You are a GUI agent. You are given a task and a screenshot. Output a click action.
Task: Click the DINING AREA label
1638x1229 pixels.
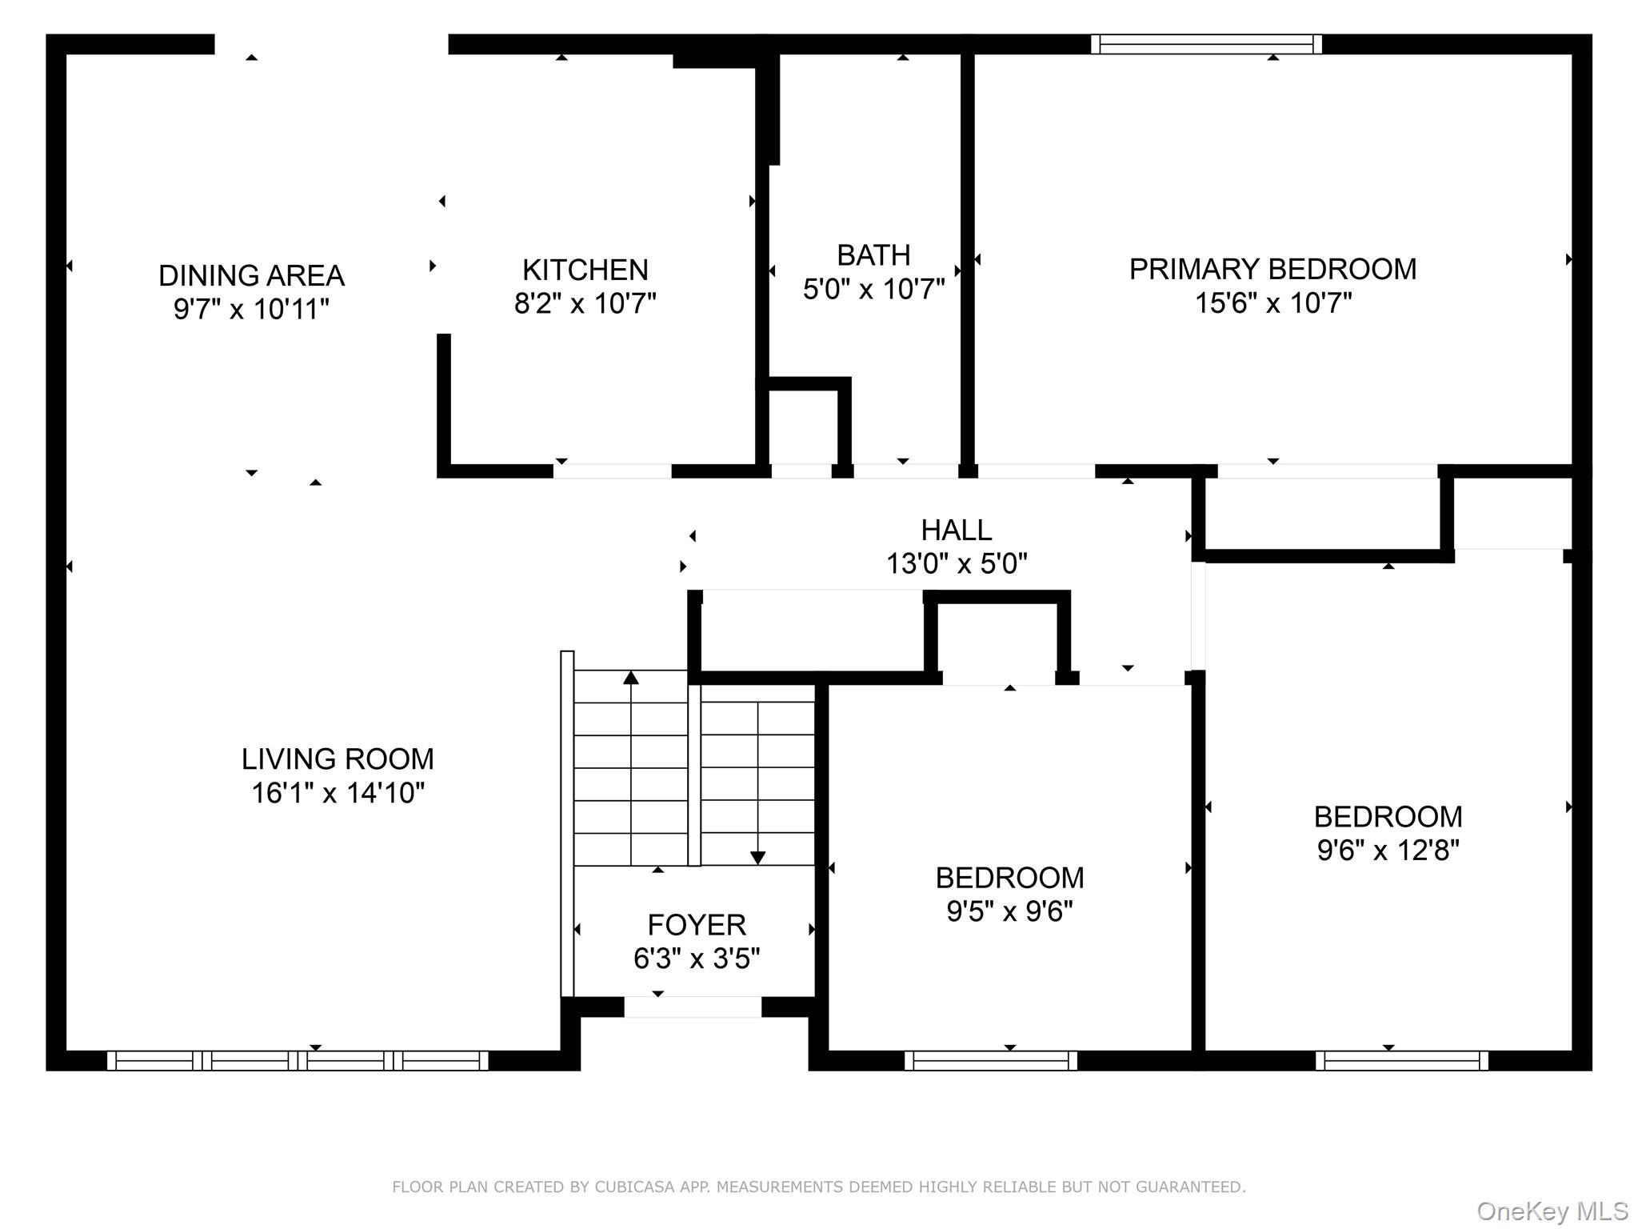[251, 276]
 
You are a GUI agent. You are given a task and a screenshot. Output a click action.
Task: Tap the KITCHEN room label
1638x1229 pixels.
[585, 270]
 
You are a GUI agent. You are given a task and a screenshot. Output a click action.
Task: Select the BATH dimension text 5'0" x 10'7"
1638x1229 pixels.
[873, 289]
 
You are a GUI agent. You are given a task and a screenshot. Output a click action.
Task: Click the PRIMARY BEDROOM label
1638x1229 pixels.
[1272, 270]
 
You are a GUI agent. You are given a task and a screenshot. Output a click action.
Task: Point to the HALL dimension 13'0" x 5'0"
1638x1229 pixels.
[956, 563]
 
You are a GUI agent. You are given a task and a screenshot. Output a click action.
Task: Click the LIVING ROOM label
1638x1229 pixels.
[338, 759]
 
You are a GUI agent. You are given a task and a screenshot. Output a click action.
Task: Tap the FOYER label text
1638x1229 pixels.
[696, 925]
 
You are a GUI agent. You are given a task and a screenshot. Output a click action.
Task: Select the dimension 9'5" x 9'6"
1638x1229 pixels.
[1009, 911]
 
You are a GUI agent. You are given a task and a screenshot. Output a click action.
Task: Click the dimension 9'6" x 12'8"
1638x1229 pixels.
[1388, 850]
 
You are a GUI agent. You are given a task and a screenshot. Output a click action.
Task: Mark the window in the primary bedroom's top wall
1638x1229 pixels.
[1205, 44]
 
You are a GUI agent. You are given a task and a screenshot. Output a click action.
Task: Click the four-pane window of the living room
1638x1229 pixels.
[298, 1061]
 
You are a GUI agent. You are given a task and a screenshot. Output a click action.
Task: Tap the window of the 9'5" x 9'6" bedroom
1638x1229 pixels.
[990, 1061]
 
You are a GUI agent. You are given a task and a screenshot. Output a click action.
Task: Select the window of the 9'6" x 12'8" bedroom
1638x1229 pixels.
[1401, 1061]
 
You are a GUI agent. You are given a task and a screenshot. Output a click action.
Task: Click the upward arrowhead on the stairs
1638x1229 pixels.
[631, 678]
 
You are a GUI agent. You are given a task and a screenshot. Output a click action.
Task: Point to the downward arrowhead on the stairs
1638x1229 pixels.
[757, 858]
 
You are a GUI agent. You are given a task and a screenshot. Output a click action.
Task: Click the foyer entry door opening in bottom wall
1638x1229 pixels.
[693, 1007]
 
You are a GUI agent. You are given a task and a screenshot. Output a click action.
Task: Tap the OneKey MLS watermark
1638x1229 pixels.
[1552, 1211]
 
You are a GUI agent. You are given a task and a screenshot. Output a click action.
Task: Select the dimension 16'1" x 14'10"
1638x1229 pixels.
[338, 793]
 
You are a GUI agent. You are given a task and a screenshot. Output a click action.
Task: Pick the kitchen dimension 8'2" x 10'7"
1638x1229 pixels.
[585, 304]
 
